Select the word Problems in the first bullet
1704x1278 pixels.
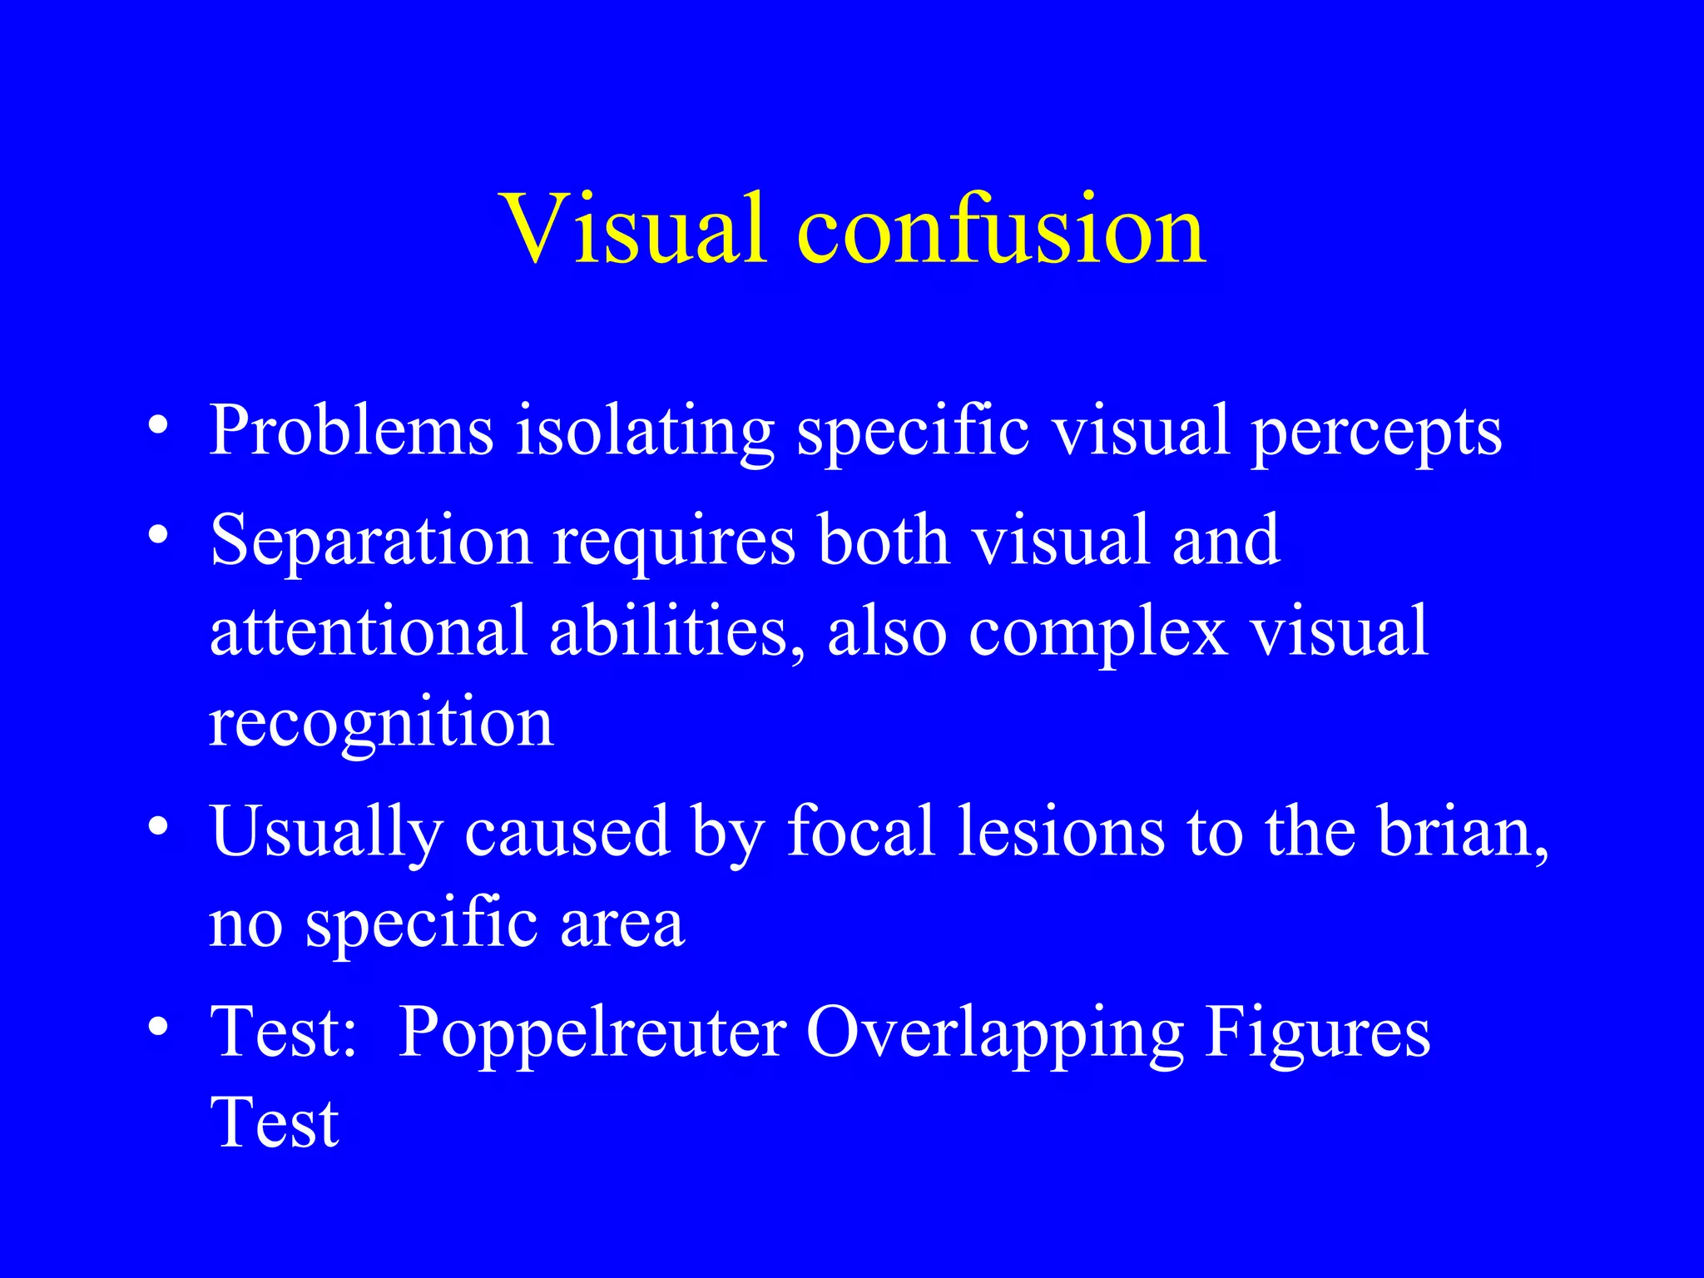click(351, 430)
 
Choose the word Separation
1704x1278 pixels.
click(371, 541)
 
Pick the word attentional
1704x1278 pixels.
click(368, 631)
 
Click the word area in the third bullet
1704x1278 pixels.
click(622, 924)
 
